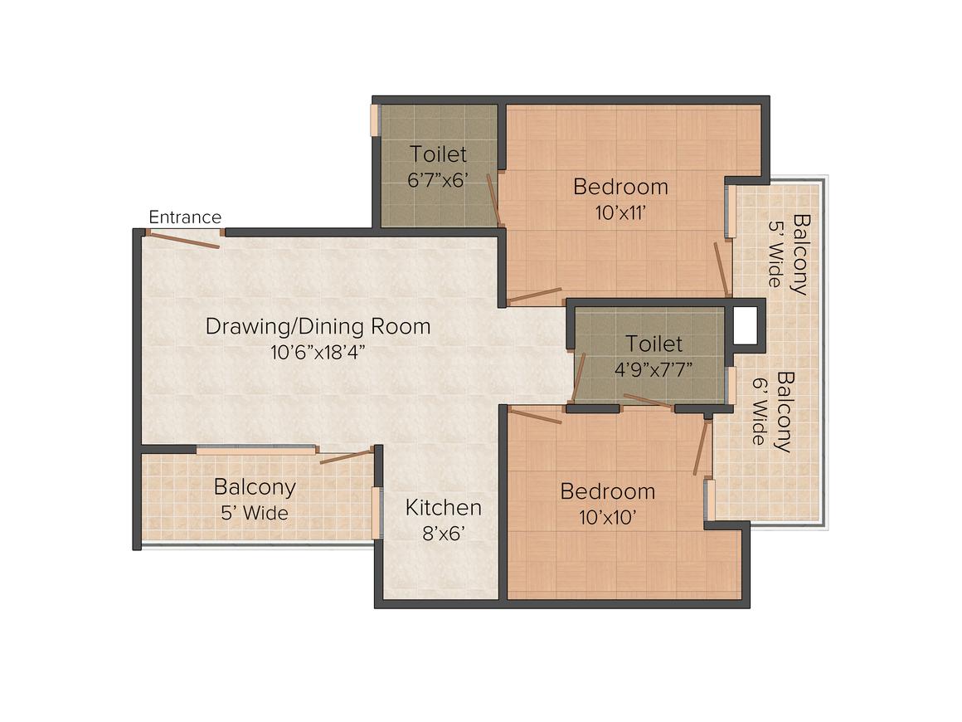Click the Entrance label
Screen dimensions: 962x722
(185, 217)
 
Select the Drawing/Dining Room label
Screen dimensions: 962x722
(318, 326)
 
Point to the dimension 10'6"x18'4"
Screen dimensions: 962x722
(318, 353)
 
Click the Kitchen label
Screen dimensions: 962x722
(443, 508)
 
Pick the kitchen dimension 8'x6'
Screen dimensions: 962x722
(443, 534)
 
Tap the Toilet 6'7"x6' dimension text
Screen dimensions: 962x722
(438, 180)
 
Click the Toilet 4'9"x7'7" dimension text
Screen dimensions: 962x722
(653, 369)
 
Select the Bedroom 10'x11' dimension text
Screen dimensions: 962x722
(620, 212)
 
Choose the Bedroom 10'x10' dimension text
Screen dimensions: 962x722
(607, 518)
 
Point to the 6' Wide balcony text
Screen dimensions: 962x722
(760, 412)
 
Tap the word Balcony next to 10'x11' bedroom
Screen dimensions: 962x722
(800, 255)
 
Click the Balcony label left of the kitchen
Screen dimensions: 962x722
(255, 487)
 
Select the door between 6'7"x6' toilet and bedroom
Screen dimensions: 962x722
(494, 200)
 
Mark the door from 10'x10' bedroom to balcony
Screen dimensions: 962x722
(701, 446)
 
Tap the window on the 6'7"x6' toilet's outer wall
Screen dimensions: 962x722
(375, 120)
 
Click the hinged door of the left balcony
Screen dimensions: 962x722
(347, 456)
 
